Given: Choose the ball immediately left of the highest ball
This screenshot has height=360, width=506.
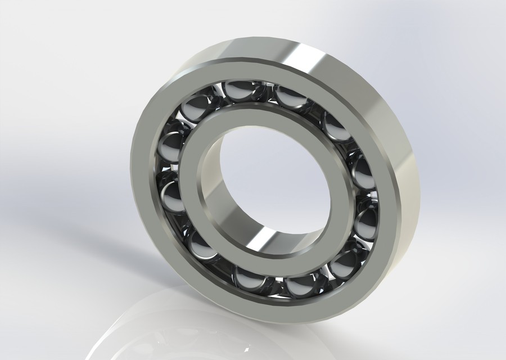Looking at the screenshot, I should click(193, 110).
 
